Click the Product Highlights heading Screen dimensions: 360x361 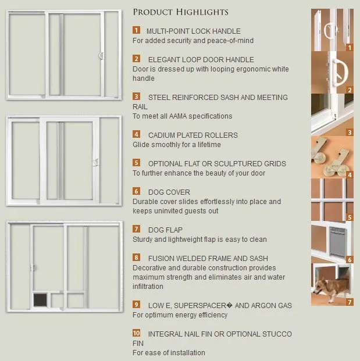[180, 12]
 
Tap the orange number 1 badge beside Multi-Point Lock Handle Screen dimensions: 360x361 [136, 30]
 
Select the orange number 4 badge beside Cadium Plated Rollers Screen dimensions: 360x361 [136, 134]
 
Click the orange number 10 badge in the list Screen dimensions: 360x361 [136, 333]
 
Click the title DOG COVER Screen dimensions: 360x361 [169, 192]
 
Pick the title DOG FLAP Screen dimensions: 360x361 [165, 230]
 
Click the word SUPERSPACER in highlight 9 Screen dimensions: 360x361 [200, 306]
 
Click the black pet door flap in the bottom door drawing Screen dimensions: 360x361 [40, 300]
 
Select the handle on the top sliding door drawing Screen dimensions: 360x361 [101, 55]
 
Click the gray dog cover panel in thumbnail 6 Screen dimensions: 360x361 [338, 241]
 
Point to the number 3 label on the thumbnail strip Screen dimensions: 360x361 [350, 133]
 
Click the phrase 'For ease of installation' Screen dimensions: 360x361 [169, 352]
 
